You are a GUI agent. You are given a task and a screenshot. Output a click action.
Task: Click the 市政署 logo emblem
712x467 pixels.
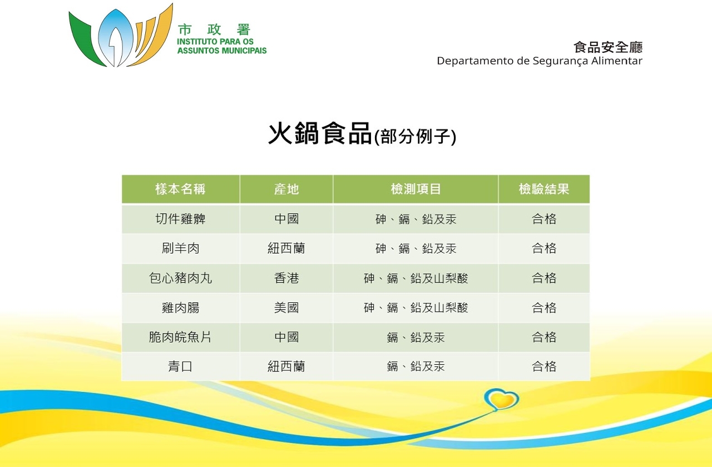click(x=121, y=36)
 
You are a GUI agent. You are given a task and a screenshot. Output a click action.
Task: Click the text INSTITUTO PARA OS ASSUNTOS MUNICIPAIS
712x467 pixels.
click(x=222, y=46)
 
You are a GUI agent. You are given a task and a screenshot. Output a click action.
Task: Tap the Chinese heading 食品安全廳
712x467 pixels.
click(x=608, y=47)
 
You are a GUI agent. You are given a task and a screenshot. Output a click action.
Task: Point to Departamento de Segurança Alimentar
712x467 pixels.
click(x=540, y=61)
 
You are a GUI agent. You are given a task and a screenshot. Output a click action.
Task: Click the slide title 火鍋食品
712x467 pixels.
click(x=320, y=134)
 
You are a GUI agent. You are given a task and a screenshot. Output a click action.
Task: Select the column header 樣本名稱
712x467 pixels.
click(x=180, y=189)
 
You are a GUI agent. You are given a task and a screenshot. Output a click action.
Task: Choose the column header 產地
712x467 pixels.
click(x=286, y=189)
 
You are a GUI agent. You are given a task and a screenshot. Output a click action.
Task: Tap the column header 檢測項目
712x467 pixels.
click(x=416, y=189)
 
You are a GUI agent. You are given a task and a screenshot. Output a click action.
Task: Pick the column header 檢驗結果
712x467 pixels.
click(x=544, y=189)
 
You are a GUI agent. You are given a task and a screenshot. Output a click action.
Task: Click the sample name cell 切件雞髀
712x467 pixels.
click(x=180, y=219)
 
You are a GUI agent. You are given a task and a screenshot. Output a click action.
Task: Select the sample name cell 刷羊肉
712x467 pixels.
click(x=180, y=248)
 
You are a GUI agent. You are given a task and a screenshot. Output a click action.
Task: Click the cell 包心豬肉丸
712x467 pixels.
click(x=180, y=278)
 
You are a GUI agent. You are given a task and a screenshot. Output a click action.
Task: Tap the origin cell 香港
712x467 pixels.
click(x=286, y=278)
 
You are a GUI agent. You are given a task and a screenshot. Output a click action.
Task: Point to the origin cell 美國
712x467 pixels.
click(x=286, y=307)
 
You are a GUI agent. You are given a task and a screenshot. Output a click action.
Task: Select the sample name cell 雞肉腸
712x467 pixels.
click(x=180, y=307)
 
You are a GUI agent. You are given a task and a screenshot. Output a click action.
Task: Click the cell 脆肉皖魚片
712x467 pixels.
click(x=180, y=337)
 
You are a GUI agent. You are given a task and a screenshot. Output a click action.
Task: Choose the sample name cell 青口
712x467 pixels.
click(x=180, y=366)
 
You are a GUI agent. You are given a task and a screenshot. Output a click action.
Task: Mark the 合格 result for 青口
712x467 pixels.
click(x=544, y=366)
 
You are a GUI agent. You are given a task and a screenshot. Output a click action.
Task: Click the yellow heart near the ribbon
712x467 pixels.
click(x=502, y=399)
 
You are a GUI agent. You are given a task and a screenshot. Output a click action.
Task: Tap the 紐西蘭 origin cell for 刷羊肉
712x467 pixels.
click(x=286, y=248)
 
